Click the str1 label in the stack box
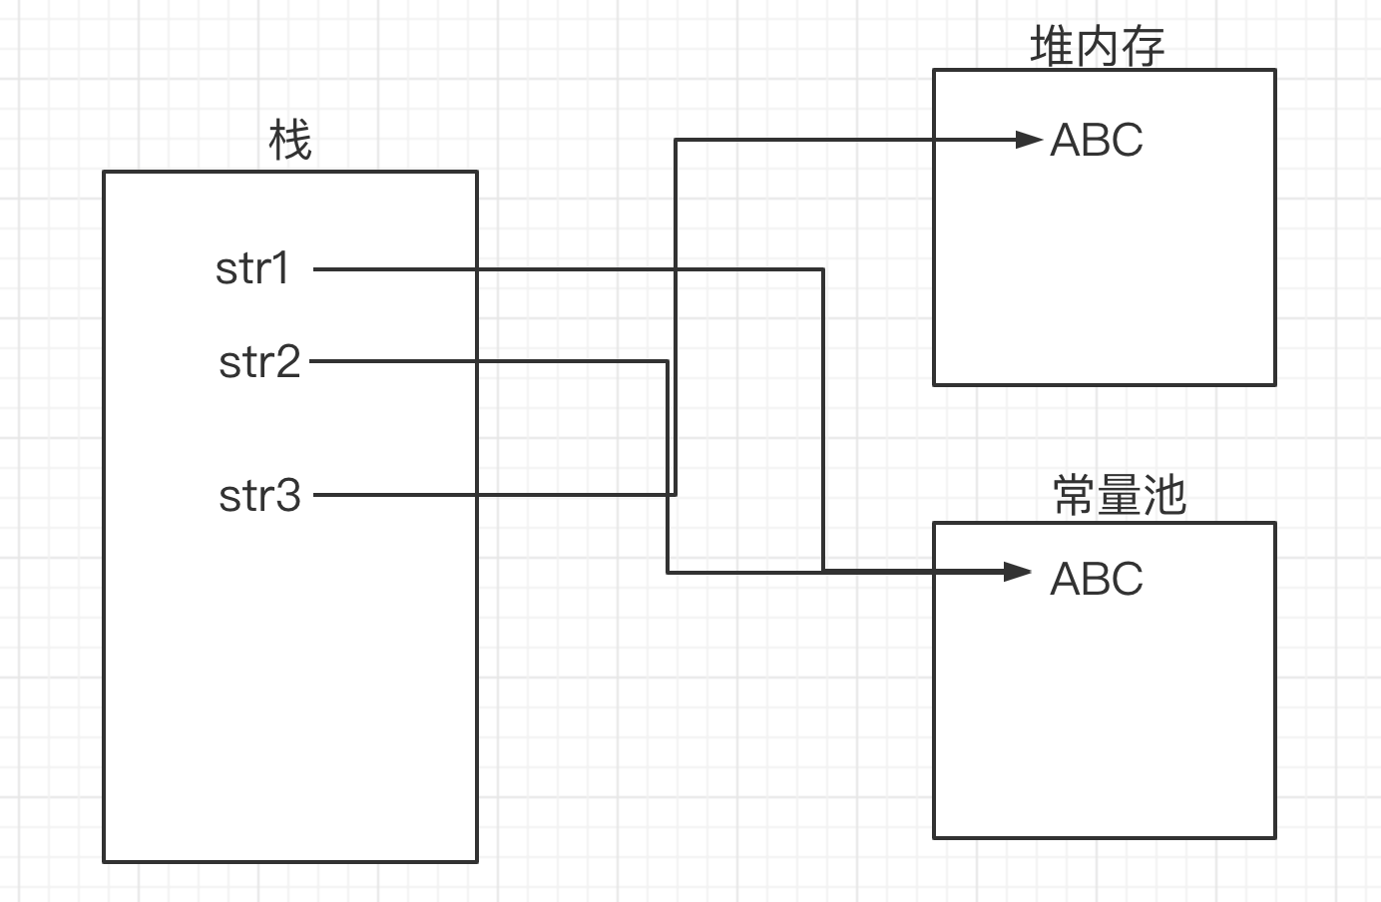(252, 268)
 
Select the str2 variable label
(259, 361)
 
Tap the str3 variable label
(259, 494)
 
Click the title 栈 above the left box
(290, 141)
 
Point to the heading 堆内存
(1097, 47)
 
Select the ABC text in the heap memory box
(1096, 140)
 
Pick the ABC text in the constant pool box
(1096, 579)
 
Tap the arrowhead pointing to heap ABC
(1029, 140)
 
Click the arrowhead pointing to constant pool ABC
(1018, 572)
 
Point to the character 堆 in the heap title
(1052, 47)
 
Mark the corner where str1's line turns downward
(823, 268)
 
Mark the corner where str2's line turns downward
(667, 361)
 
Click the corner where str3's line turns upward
(676, 494)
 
